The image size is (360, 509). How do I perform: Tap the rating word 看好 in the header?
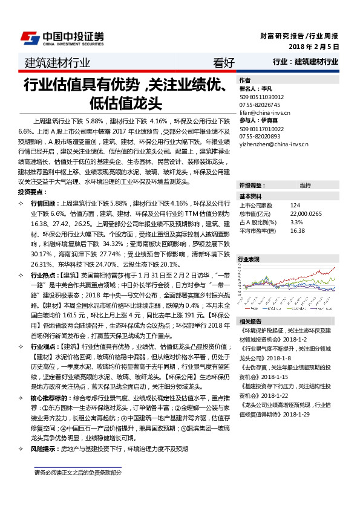224,62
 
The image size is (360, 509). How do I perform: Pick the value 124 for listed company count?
295,205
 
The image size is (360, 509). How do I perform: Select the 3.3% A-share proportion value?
296,222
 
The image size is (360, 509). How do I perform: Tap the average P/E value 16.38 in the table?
297,230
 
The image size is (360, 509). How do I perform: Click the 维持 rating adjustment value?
306,185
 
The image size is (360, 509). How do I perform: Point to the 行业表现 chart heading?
249,259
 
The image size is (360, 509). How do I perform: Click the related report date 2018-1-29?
296,397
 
